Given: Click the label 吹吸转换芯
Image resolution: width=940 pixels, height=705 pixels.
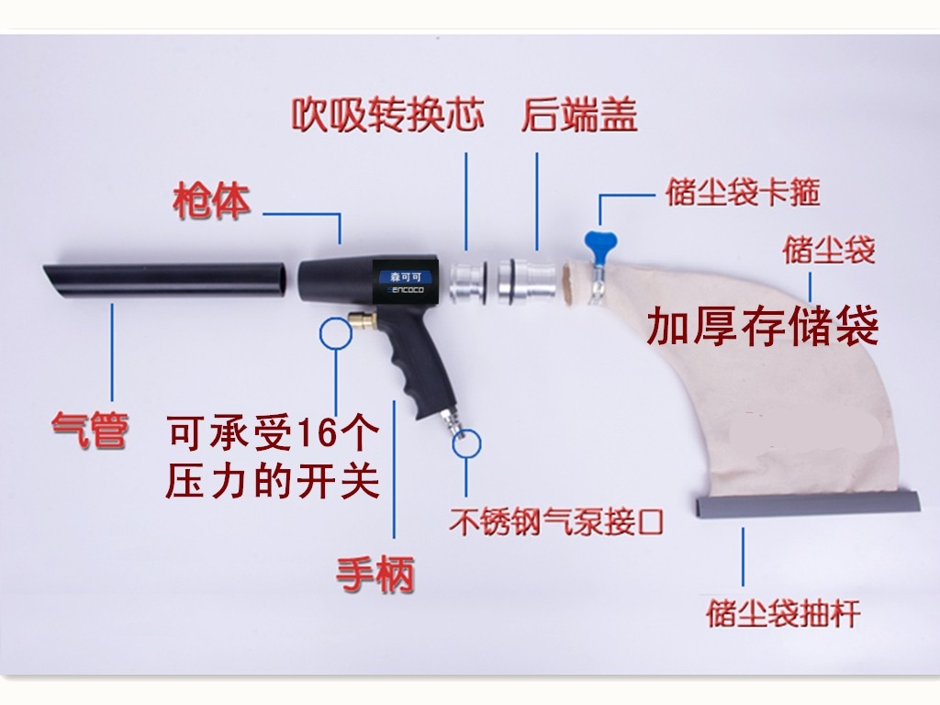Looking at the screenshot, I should [x=387, y=117].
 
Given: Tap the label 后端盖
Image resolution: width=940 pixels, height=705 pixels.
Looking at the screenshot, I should [x=579, y=117].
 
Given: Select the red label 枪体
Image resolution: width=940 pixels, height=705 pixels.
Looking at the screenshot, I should [x=211, y=203].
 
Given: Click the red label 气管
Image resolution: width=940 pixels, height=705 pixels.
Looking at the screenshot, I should [x=88, y=429].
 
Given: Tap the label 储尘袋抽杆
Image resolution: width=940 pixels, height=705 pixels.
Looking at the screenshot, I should [x=783, y=612].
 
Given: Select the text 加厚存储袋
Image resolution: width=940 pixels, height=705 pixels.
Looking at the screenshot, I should [x=763, y=327].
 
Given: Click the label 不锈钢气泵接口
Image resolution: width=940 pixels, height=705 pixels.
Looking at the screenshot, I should [x=556, y=522].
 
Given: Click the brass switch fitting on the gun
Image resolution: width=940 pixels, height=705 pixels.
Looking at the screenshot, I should [x=362, y=322].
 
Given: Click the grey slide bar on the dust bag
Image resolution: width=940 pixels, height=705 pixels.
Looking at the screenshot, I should [x=809, y=503].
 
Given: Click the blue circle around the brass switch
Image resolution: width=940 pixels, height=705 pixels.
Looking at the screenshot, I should [x=336, y=333].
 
